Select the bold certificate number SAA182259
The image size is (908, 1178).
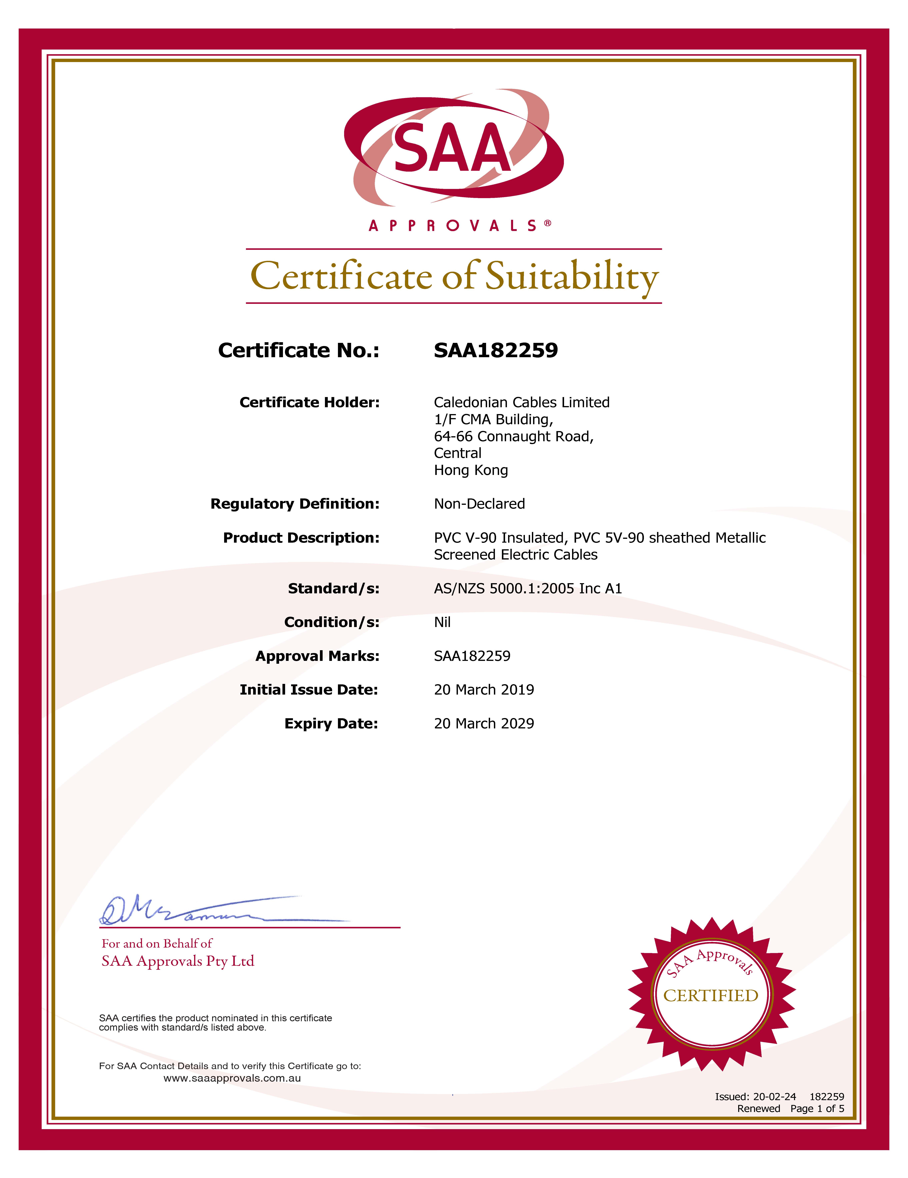tap(496, 351)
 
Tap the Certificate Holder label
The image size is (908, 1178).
tap(309, 402)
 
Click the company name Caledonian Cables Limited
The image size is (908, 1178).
tap(522, 402)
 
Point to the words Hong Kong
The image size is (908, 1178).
tap(471, 470)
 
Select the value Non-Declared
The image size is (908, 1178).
tap(479, 504)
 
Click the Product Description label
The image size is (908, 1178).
tap(301, 538)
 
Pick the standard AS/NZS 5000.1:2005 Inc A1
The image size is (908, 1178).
tap(528, 588)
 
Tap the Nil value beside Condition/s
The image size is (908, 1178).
tap(442, 623)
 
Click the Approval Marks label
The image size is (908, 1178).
tap(317, 656)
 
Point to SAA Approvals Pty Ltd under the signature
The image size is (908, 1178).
tap(178, 961)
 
